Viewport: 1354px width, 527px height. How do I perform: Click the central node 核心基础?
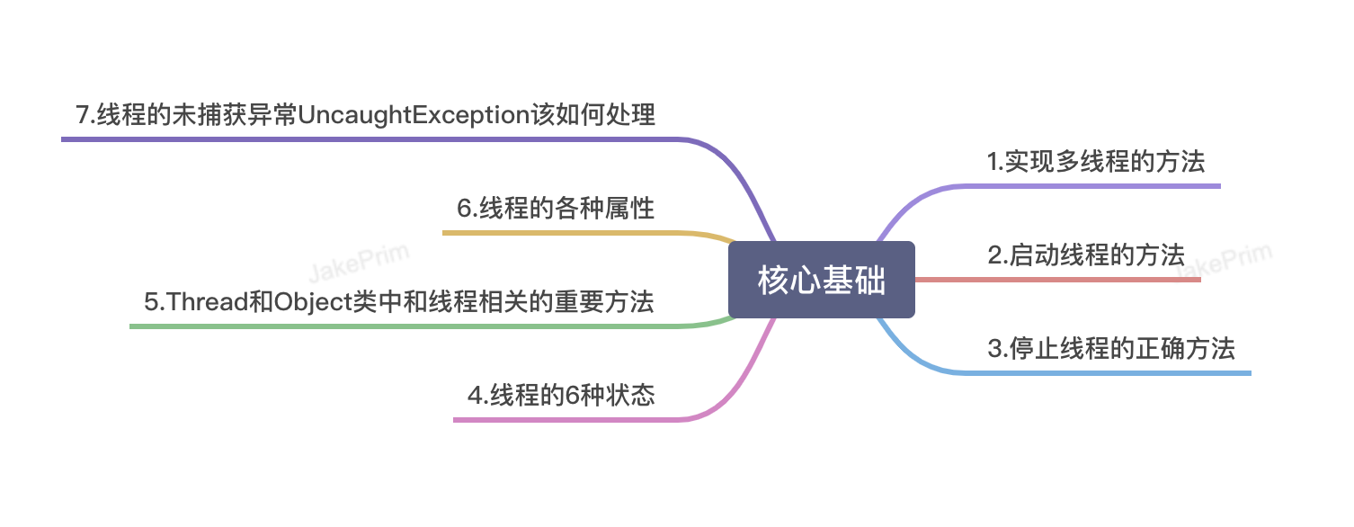(x=822, y=280)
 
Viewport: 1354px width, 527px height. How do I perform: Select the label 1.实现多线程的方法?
(x=1096, y=162)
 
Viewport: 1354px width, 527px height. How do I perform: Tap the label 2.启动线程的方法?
(x=1086, y=255)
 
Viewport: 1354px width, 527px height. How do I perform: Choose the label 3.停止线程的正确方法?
(x=1111, y=349)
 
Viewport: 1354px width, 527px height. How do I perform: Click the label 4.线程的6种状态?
(x=561, y=396)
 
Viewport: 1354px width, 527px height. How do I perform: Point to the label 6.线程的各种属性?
(x=556, y=209)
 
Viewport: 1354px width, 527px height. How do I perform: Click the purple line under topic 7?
(x=360, y=139)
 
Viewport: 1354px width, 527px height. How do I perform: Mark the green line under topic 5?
(x=405, y=326)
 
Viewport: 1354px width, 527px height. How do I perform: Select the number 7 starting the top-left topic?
(x=83, y=115)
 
